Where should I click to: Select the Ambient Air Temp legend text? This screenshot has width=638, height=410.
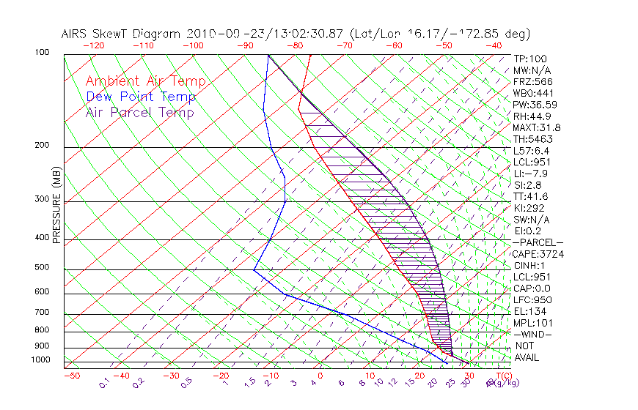pyautogui.click(x=145, y=81)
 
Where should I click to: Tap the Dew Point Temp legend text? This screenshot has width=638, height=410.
pyautogui.click(x=140, y=97)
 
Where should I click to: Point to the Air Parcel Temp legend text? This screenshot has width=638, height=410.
pyautogui.click(x=139, y=112)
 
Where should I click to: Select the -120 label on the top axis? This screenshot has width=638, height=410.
pyautogui.click(x=94, y=45)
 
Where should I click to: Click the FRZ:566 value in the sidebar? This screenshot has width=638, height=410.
pyautogui.click(x=532, y=81)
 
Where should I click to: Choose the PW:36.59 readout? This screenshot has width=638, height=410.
pyautogui.click(x=535, y=104)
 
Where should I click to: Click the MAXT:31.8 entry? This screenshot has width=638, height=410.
pyautogui.click(x=538, y=127)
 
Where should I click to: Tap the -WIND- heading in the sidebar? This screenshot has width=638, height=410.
pyautogui.click(x=532, y=334)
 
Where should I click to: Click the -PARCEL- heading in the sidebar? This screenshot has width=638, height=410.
pyautogui.click(x=538, y=242)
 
